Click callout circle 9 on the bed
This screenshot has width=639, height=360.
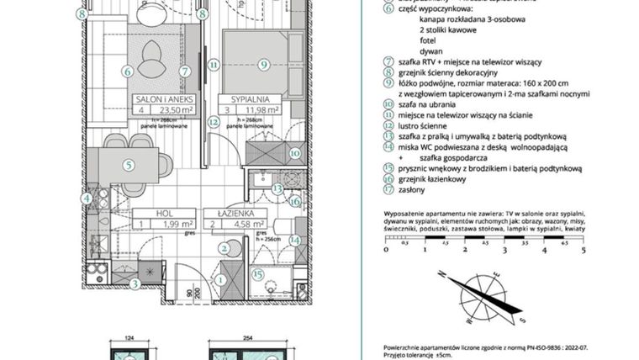(263, 63)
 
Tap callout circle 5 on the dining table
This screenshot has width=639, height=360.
(128, 165)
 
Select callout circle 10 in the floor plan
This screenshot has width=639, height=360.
(294, 153)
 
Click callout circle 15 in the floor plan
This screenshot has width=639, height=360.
(259, 273)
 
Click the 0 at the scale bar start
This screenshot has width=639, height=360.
(385, 250)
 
